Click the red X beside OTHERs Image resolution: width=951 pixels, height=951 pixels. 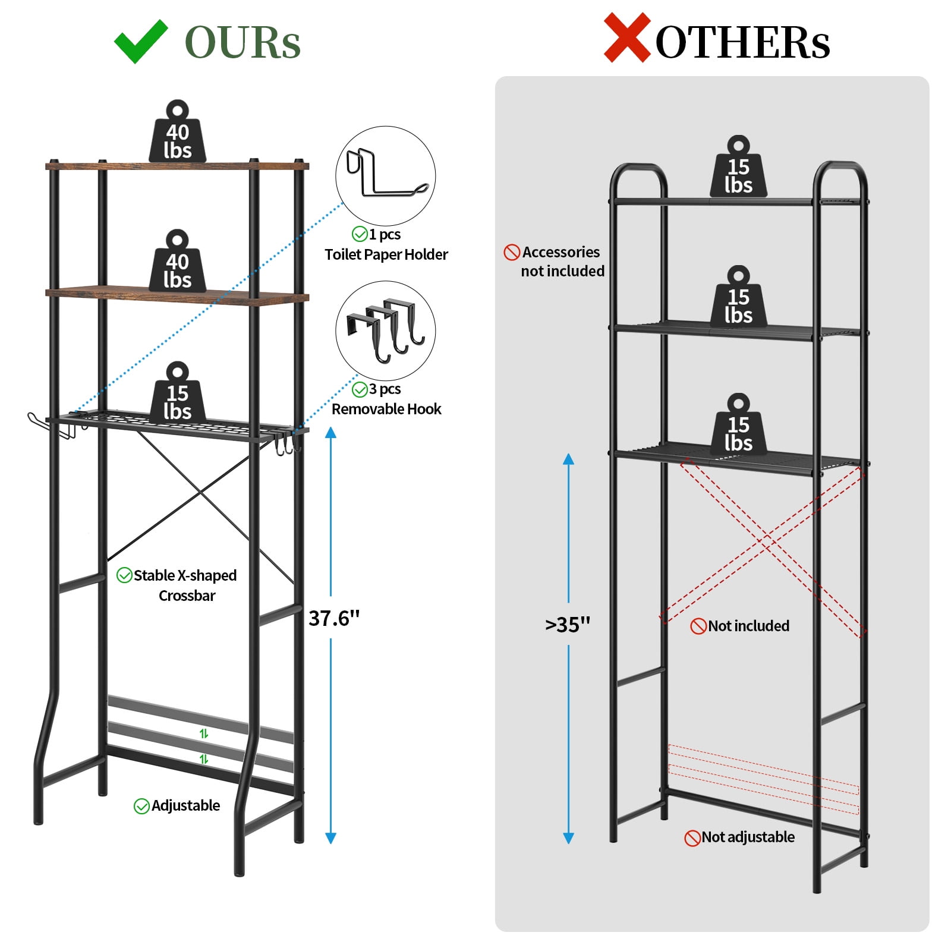pos(627,38)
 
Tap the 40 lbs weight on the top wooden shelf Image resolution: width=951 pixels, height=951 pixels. pos(177,131)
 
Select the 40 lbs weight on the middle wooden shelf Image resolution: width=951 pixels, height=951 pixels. pos(177,261)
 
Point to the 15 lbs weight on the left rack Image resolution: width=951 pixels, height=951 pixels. pos(177,393)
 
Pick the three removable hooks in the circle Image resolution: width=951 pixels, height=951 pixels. pos(386,330)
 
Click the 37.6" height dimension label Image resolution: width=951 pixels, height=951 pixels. pos(334,618)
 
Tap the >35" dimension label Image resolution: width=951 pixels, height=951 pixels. pos(568,624)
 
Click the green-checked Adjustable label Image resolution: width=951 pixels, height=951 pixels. pos(177,805)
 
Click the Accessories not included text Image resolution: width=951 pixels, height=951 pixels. pos(555,262)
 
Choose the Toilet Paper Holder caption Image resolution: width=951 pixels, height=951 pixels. pos(386,254)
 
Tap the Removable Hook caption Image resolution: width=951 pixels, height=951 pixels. pos(386,409)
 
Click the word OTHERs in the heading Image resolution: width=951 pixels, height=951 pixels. pos(742,43)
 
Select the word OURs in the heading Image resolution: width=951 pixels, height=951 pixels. pos(243,43)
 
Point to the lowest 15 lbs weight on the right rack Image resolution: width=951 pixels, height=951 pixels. pos(738,424)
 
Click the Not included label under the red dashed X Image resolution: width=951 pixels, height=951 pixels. pos(740,626)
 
